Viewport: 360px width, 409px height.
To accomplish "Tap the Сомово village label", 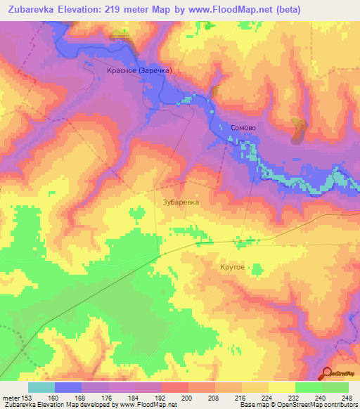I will pos(243,128).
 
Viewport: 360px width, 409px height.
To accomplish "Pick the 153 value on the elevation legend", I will pos(26,397).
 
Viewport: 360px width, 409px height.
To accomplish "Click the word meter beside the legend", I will pos(11,397).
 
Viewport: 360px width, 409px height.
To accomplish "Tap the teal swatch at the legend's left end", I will pos(41,387).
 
